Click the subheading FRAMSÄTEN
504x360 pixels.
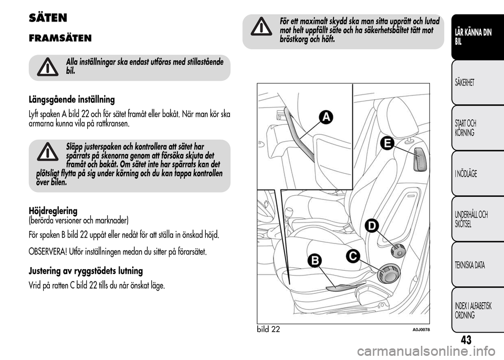click(60, 38)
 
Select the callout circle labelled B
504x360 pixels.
click(315, 260)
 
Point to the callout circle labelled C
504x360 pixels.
click(353, 256)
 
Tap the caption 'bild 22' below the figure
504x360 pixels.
click(268, 329)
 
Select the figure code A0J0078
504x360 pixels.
click(421, 329)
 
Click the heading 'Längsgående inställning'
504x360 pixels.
click(72, 100)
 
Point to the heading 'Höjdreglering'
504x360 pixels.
click(53, 210)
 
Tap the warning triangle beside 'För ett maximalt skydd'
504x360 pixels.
click(261, 27)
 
